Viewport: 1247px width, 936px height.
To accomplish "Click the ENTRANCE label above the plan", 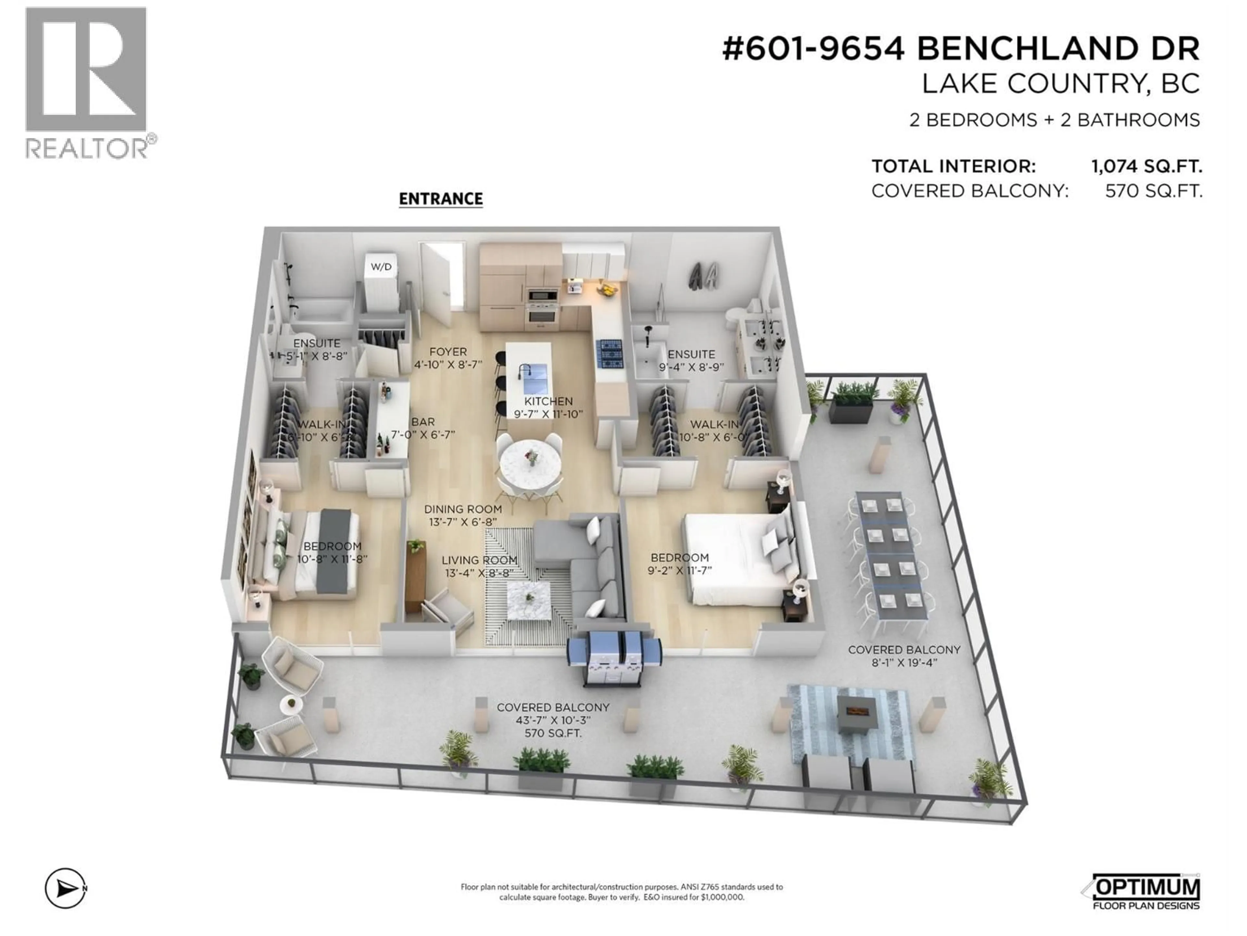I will click(440, 199).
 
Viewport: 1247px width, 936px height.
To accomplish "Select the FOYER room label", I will click(448, 352).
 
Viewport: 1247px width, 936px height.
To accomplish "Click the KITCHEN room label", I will click(548, 401).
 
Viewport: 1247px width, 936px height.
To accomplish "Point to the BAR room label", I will click(423, 422).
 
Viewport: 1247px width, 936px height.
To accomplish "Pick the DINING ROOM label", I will click(463, 509).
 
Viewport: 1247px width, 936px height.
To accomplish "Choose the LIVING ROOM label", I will click(479, 560).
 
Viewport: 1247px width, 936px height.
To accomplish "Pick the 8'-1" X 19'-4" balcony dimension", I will click(904, 662).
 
